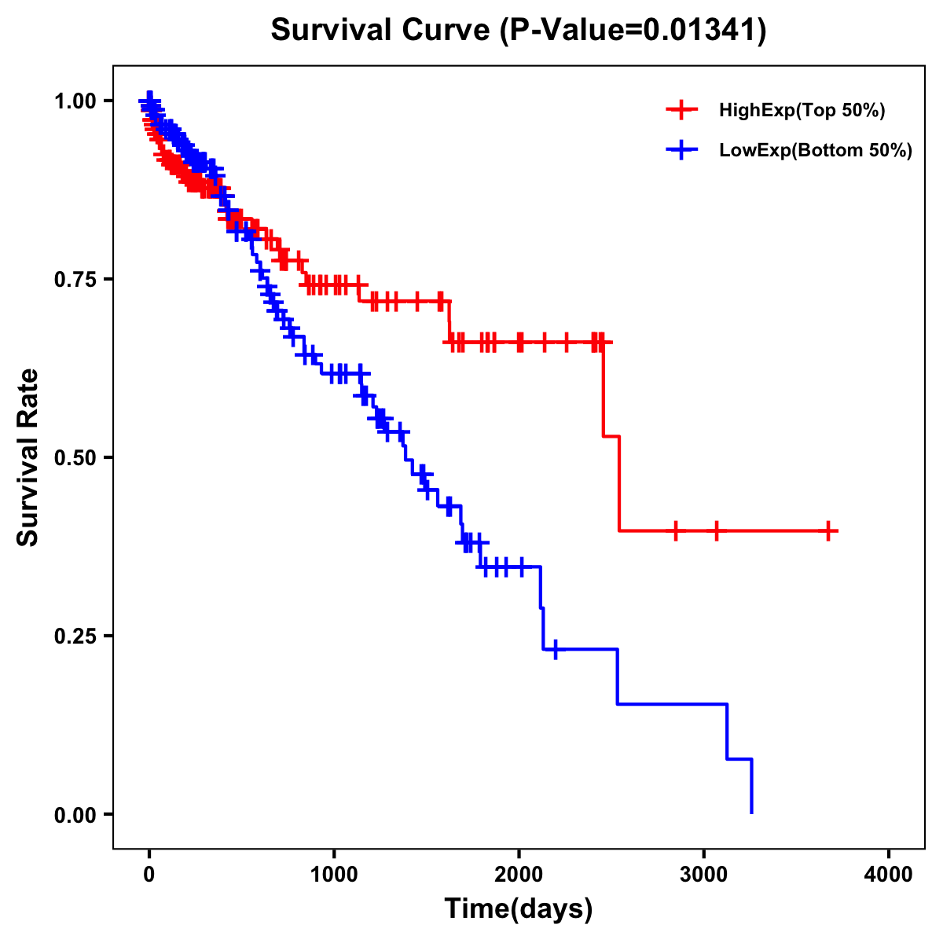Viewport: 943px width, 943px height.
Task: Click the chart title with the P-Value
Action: coord(519,31)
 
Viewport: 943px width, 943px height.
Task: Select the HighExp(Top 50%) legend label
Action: coord(802,111)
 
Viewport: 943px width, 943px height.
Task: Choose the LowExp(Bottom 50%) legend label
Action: coord(815,150)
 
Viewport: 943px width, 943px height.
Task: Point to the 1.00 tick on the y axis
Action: coord(75,101)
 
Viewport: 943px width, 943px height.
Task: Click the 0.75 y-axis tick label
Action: coord(75,280)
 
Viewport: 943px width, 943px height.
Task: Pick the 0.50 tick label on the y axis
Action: coord(75,458)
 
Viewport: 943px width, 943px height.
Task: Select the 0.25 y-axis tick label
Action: coord(75,637)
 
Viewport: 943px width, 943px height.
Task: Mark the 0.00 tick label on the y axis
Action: coord(75,815)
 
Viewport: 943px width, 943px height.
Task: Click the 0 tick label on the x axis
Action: coord(149,875)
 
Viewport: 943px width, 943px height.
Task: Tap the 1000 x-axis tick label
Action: coord(334,875)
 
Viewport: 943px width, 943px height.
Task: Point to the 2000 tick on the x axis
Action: coord(519,875)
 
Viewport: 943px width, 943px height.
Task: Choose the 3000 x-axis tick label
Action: coord(704,875)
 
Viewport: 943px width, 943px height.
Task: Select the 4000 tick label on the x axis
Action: coord(889,875)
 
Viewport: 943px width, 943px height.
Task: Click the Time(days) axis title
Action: coord(519,909)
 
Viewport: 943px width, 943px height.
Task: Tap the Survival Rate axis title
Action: coord(28,457)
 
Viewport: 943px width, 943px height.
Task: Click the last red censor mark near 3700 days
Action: coord(828,531)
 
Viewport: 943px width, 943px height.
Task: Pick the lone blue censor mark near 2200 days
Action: coord(556,650)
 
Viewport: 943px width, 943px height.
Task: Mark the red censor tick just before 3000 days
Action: coord(675,531)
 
